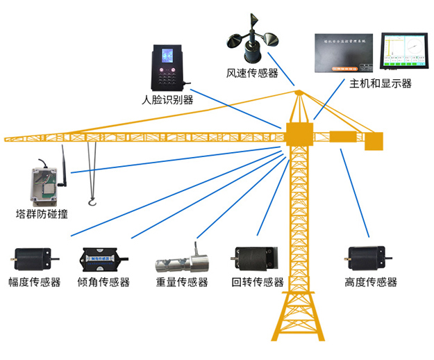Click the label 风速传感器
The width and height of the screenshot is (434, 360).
(x=251, y=72)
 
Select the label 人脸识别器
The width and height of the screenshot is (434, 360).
(x=167, y=99)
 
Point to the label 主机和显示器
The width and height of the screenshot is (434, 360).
(x=381, y=83)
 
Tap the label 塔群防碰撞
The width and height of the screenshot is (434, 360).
(x=42, y=214)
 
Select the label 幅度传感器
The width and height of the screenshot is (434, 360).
(x=35, y=282)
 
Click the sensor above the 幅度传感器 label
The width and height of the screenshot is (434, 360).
(x=33, y=259)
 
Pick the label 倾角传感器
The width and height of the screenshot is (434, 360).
(x=104, y=282)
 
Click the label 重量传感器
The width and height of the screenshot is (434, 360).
(x=183, y=282)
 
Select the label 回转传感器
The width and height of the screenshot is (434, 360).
(x=258, y=282)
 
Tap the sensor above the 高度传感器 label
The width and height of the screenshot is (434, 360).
(x=366, y=259)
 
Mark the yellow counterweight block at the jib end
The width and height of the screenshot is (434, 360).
(x=374, y=141)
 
